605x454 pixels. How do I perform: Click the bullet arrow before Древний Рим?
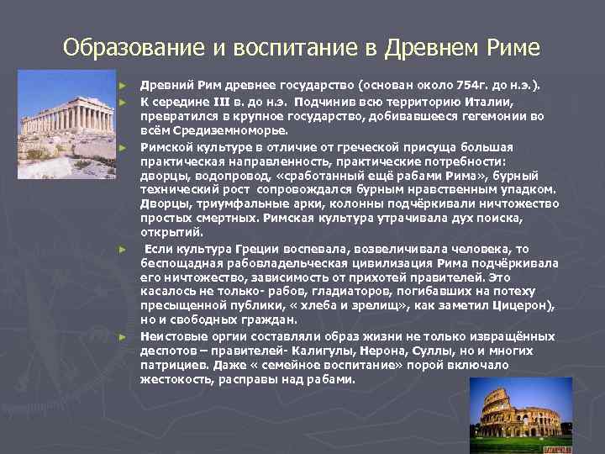pyautogui.click(x=123, y=86)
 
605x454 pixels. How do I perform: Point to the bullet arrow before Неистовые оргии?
pyautogui.click(x=123, y=336)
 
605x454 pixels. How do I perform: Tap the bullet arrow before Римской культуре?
pyautogui.click(x=123, y=147)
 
